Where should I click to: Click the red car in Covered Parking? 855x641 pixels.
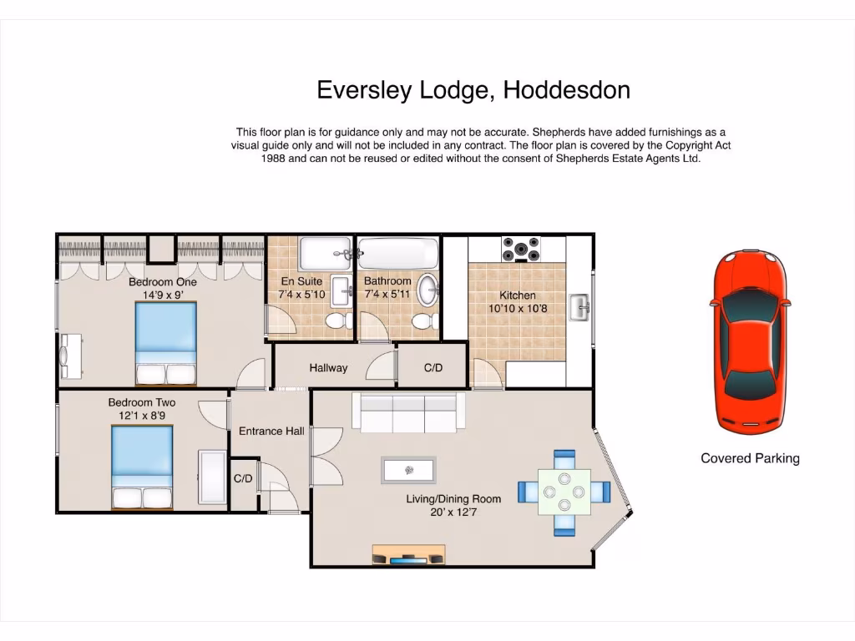749,342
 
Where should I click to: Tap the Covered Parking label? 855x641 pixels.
750,458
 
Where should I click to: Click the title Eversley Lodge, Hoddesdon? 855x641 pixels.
473,90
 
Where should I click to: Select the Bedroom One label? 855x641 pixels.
163,282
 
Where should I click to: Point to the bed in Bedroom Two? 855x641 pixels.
142,467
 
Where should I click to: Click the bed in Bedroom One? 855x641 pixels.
166,343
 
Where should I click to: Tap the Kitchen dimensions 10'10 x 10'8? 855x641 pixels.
518,308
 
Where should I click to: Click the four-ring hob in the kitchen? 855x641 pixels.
520,249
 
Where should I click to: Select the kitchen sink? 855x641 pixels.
579,307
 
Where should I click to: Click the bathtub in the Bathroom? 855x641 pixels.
397,252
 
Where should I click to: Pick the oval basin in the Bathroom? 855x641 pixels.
427,290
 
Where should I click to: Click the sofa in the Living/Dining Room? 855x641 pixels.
408,412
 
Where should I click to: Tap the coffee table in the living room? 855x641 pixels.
408,471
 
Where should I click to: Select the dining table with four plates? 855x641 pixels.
564,492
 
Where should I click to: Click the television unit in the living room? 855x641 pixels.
408,556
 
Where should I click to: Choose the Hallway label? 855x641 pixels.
328,368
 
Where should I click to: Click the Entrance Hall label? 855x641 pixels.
271,432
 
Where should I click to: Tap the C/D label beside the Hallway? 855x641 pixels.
433,368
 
